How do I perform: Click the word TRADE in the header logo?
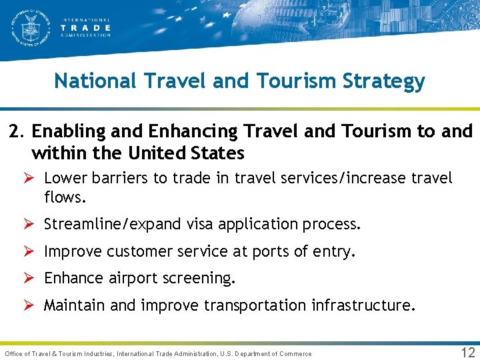click(x=86, y=28)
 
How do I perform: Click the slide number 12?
click(x=468, y=352)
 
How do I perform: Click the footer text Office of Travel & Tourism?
click(x=59, y=353)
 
